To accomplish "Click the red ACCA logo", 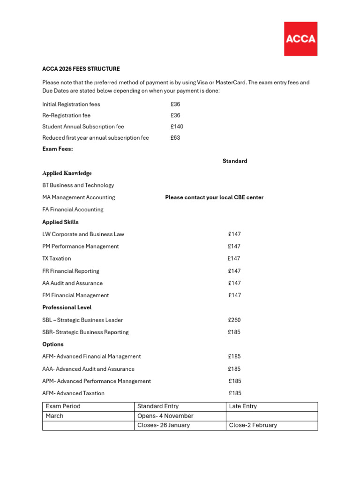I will pyautogui.click(x=300, y=39).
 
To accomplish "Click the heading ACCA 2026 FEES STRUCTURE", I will pyautogui.click(x=81, y=69).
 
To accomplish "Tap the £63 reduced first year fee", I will pyautogui.click(x=175, y=138).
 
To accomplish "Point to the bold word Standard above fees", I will pyautogui.click(x=235, y=161).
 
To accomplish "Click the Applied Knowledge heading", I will pyautogui.click(x=67, y=173).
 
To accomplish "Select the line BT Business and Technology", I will pyautogui.click(x=78, y=185).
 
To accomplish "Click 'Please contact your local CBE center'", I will pyautogui.click(x=214, y=197).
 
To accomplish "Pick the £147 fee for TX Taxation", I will pyautogui.click(x=234, y=258).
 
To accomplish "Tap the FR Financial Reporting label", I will pyautogui.click(x=71, y=271).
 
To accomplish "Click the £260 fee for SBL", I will pyautogui.click(x=234, y=320).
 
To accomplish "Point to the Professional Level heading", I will pyautogui.click(x=67, y=307).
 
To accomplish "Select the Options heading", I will pyautogui.click(x=53, y=344).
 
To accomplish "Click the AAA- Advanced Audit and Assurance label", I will pyautogui.click(x=88, y=369).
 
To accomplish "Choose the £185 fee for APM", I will pyautogui.click(x=235, y=381).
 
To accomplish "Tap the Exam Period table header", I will pyautogui.click(x=63, y=406).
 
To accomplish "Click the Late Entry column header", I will pyautogui.click(x=243, y=406).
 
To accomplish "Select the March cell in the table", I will pyautogui.click(x=54, y=416).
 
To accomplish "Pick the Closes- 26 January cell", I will pyautogui.click(x=164, y=425).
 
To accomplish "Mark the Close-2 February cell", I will pyautogui.click(x=253, y=425).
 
